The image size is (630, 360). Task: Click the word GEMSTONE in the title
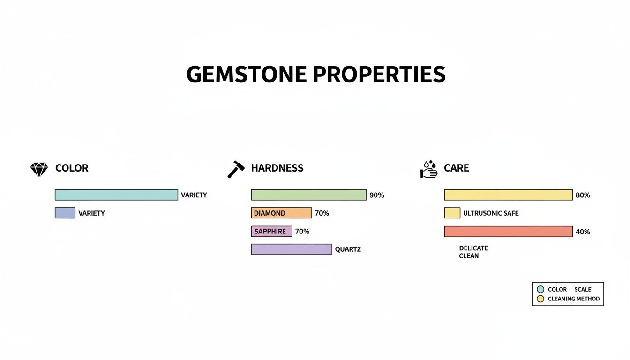click(247, 75)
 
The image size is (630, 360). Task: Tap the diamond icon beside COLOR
click(39, 169)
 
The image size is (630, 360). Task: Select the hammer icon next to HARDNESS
click(236, 169)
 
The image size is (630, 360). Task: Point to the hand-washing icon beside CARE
click(428, 169)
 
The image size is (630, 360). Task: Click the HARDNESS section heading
click(277, 168)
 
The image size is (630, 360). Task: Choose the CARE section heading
click(456, 168)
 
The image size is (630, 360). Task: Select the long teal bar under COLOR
click(116, 195)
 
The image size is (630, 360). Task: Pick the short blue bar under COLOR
click(65, 213)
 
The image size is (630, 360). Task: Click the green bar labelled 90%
click(308, 195)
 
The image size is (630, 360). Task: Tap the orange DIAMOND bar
click(281, 213)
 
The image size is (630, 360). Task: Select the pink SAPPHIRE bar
click(271, 232)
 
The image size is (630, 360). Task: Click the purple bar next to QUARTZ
click(292, 249)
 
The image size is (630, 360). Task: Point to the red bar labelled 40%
click(508, 232)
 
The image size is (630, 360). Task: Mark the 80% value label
click(582, 195)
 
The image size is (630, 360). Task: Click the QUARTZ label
click(348, 250)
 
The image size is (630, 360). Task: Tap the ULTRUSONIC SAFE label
click(491, 213)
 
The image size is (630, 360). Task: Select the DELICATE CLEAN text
click(473, 252)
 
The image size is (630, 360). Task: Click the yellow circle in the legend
click(540, 299)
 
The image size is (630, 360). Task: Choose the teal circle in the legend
click(540, 290)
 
